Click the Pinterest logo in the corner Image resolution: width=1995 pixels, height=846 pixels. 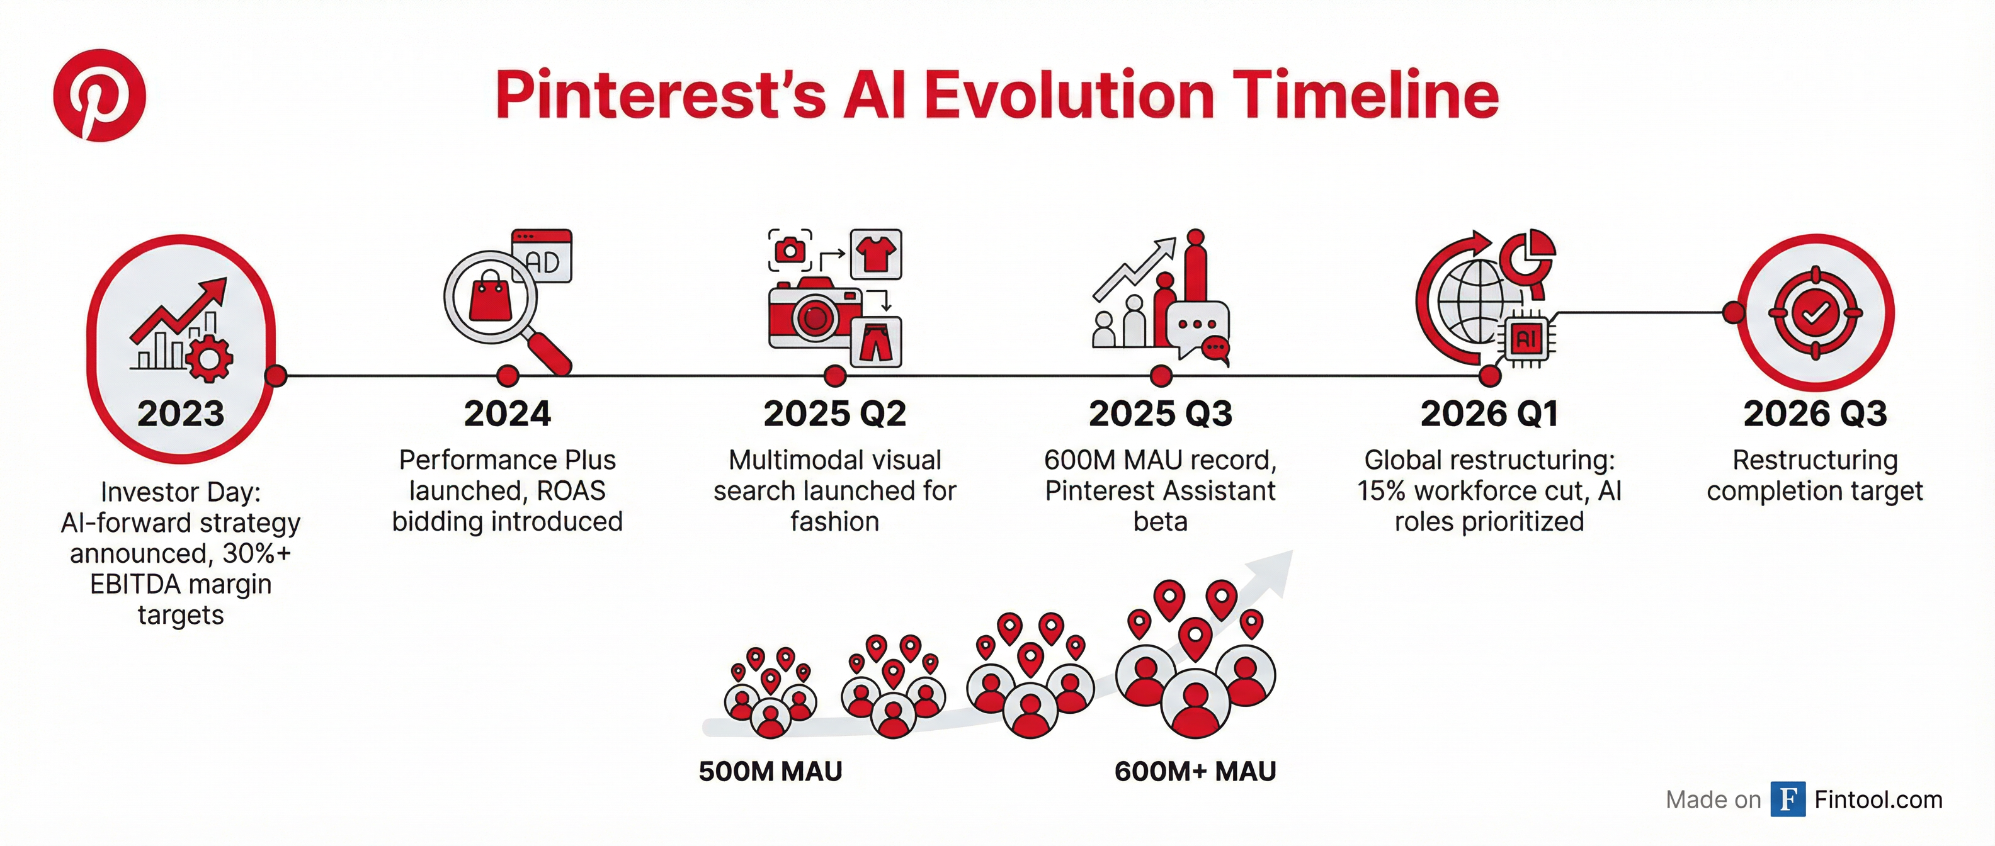tap(99, 95)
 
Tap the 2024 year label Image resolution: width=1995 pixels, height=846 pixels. tap(508, 414)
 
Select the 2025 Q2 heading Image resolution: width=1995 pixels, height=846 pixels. tap(834, 414)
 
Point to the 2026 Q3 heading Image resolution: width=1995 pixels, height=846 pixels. tap(1814, 414)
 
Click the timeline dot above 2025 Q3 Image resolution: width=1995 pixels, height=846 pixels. tap(1160, 376)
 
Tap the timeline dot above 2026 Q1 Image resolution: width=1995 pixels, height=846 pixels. tap(1489, 376)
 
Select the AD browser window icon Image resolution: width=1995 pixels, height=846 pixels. tap(543, 256)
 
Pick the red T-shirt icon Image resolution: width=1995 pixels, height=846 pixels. tap(876, 254)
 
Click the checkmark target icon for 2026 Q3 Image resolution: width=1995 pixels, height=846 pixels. tap(1814, 313)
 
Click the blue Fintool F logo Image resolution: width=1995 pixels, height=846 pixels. tap(1787, 799)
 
